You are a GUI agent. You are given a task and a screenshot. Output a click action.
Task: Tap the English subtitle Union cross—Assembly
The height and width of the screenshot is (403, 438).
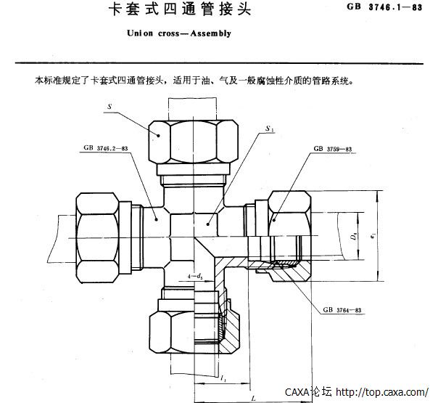click(178, 33)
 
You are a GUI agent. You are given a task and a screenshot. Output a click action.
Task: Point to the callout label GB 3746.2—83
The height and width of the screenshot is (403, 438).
click(106, 147)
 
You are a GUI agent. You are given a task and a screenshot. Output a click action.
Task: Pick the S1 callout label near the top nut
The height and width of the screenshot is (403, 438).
click(270, 129)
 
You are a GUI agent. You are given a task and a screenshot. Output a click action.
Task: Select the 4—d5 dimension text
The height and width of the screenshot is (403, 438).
click(194, 276)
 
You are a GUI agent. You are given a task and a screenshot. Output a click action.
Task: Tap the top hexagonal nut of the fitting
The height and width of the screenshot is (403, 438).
click(195, 142)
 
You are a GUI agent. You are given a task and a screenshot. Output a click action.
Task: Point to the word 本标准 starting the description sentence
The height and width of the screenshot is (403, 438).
click(46, 81)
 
